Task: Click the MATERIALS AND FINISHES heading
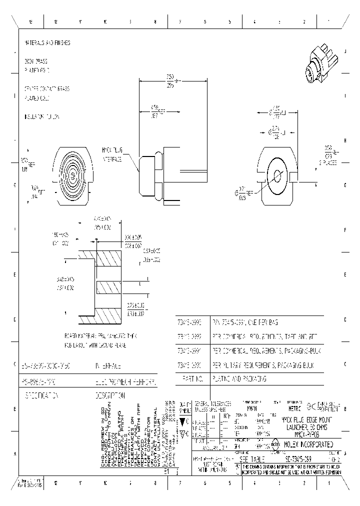tap(47, 43)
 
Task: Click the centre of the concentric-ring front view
tap(73, 176)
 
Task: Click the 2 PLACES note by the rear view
tap(329, 162)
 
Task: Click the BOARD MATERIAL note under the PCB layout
tap(99, 334)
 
